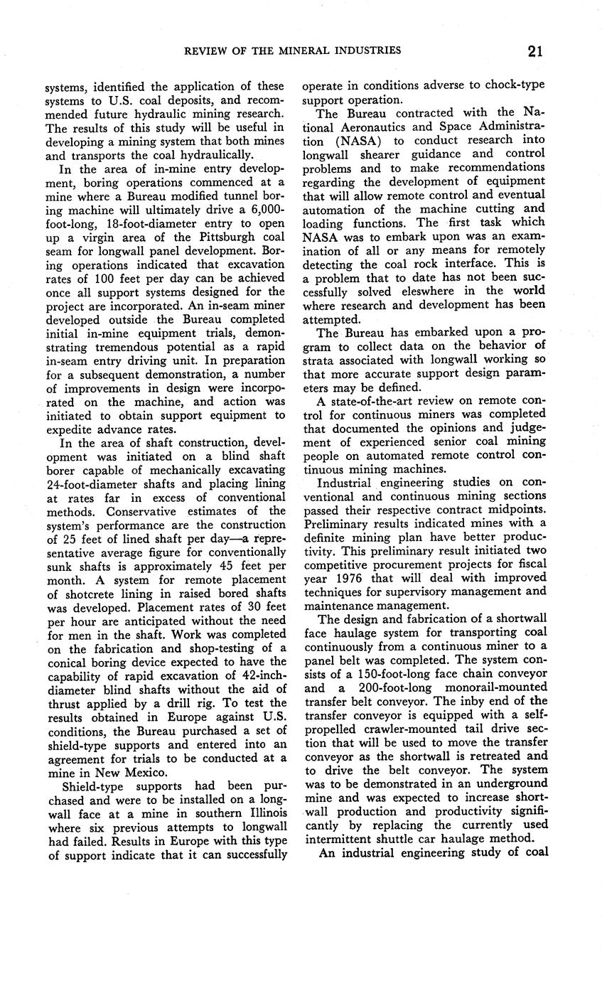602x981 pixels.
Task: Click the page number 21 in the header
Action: point(536,50)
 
